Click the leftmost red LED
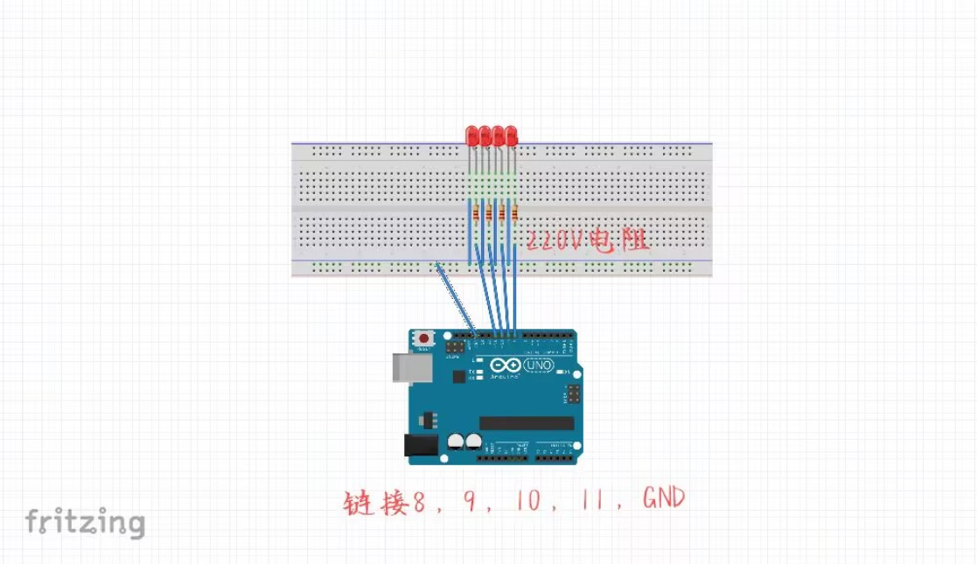coord(471,136)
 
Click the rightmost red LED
coord(512,136)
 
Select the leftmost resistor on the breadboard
coord(476,213)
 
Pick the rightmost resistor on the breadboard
coord(514,213)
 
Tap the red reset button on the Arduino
coord(425,338)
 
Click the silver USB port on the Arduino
coord(405,368)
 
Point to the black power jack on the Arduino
coord(421,448)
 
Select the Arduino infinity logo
coord(502,366)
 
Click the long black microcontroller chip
coord(527,423)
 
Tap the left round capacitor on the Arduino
coord(456,442)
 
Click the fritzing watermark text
coord(85,522)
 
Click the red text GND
coord(663,499)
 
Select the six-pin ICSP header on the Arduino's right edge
coord(573,395)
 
